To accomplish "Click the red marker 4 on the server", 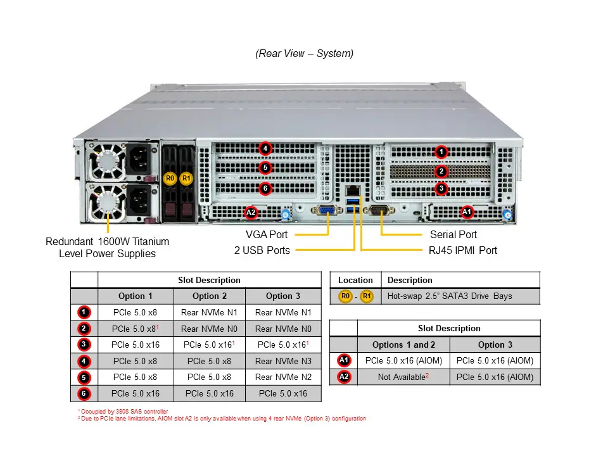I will (265, 149).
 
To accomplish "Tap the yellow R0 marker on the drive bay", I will (169, 179).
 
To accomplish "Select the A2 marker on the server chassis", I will (251, 212).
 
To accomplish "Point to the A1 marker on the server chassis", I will (467, 212).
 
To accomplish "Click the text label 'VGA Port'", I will (267, 235).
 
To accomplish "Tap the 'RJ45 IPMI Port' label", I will (463, 250).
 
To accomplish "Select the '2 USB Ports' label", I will (262, 250).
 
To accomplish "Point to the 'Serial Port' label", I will (453, 235).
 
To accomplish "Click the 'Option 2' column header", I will (209, 296).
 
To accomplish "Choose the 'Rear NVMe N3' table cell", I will (283, 361).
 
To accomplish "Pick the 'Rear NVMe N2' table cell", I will (283, 377).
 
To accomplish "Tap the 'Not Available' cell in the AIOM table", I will (403, 377).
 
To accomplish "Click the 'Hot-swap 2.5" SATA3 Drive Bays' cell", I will (450, 296).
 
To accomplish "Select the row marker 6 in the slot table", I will (84, 394).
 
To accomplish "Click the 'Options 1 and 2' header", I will (403, 345).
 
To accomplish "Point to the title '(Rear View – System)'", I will (305, 54).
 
